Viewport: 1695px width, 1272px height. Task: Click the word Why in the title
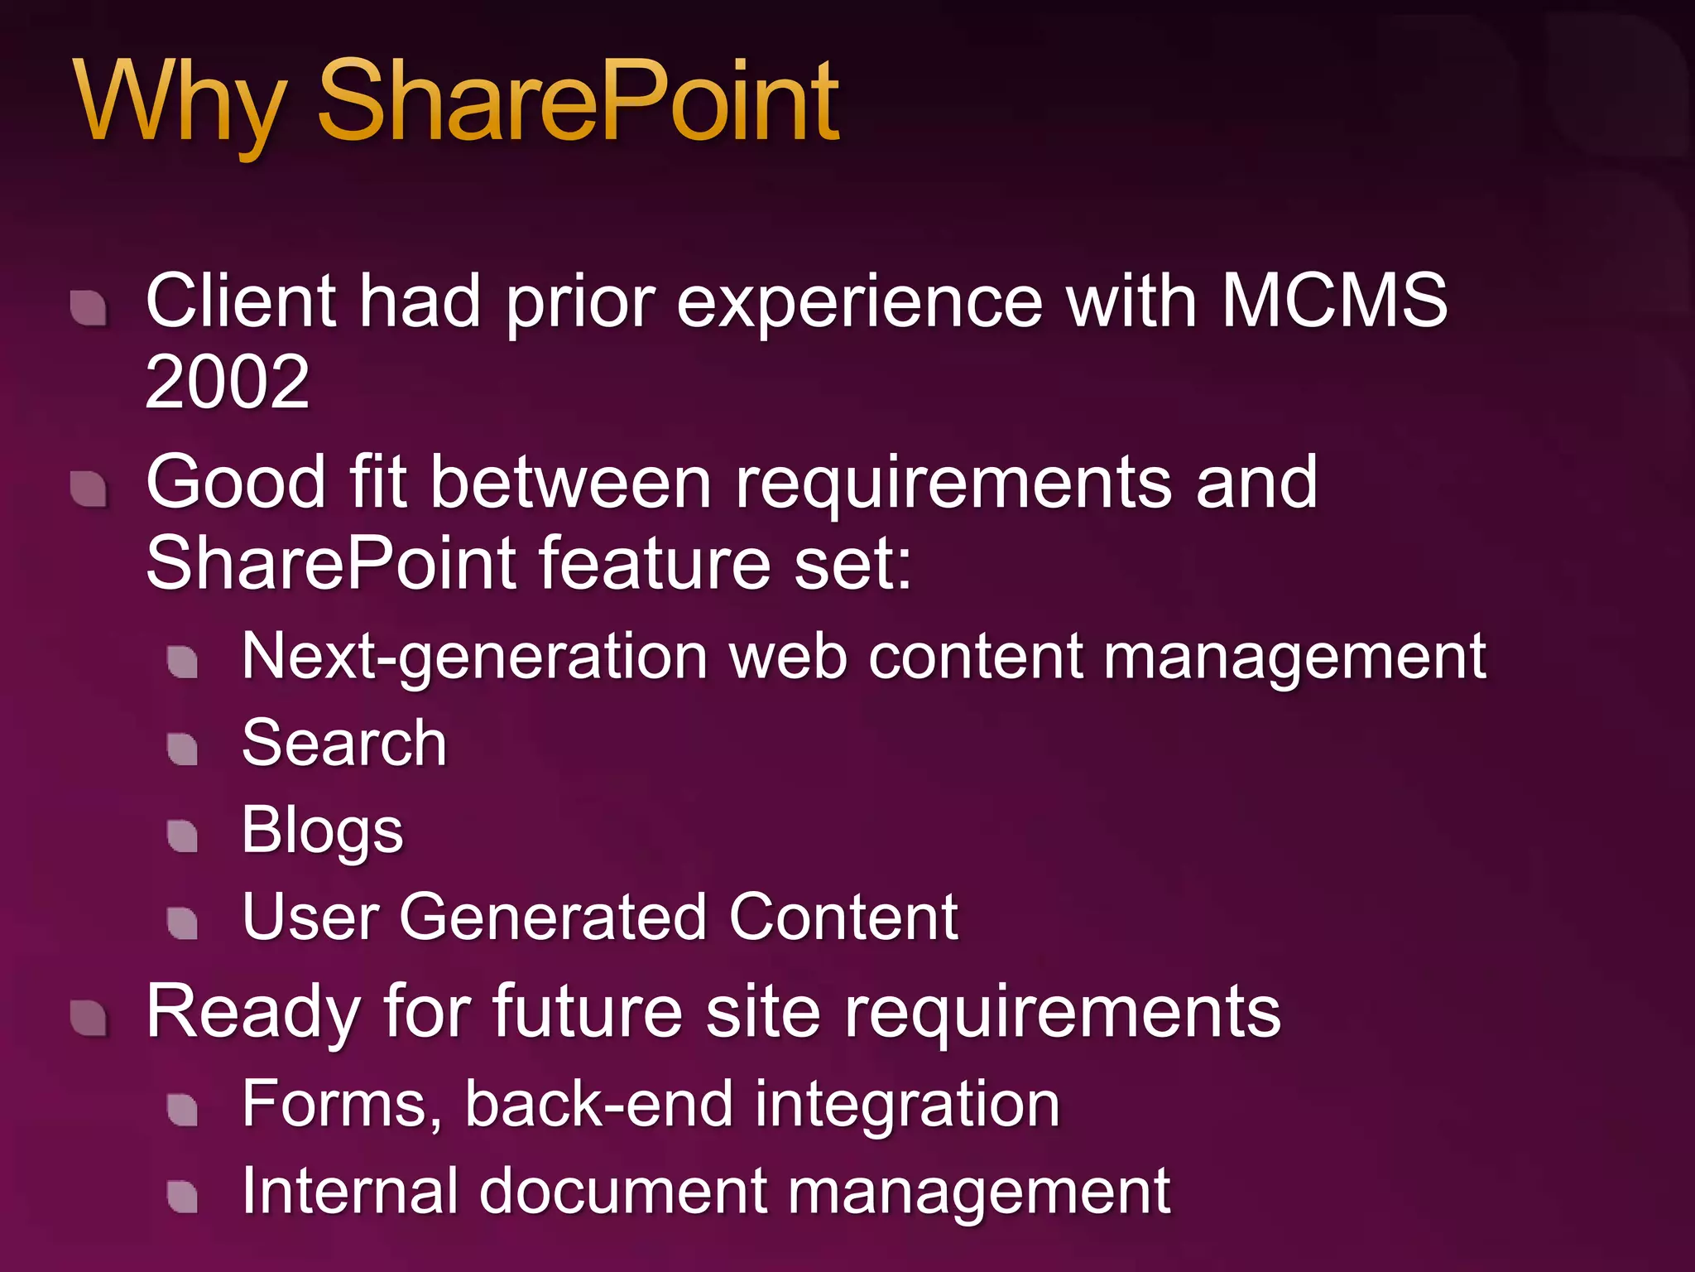[180, 104]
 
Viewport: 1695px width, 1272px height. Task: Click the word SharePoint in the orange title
[578, 104]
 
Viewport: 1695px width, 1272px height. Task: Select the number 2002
[227, 382]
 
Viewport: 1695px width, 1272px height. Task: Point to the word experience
[860, 302]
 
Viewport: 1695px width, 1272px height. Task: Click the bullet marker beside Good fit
[89, 489]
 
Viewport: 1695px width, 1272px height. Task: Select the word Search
[344, 743]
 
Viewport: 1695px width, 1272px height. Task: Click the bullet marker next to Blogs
[182, 836]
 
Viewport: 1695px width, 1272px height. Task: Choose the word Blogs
[322, 831]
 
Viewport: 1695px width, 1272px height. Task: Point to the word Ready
[252, 1012]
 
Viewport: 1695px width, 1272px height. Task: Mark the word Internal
[348, 1192]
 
